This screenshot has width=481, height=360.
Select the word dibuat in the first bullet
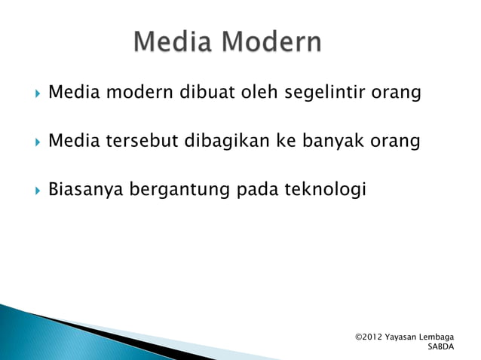207,93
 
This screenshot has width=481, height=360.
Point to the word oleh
257,93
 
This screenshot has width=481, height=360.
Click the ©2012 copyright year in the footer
368,336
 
